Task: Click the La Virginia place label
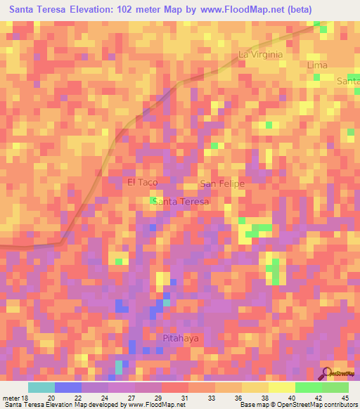(x=260, y=54)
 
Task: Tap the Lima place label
(x=318, y=65)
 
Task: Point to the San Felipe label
(x=222, y=184)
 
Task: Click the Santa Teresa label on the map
(x=181, y=202)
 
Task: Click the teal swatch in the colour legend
(x=41, y=387)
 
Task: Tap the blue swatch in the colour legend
(x=67, y=387)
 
